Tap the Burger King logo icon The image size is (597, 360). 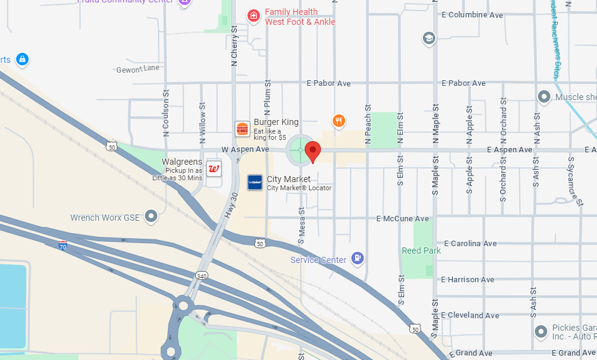pos(242,129)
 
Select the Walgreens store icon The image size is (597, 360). pos(214,168)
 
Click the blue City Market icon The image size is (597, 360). pos(255,182)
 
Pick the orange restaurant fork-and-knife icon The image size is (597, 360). pos(338,121)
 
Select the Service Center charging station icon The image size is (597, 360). pos(357,258)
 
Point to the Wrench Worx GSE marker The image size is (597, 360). pos(150,216)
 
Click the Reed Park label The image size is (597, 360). pos(421,251)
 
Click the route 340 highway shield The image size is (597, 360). pos(202,274)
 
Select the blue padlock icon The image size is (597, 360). pos(22,60)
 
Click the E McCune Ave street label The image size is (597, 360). pos(402,219)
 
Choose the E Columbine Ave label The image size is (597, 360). pos(472,15)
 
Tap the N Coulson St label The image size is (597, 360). pos(166,113)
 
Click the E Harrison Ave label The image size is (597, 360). pos(468,280)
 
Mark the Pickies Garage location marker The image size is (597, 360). pos(542,330)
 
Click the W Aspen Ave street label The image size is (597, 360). pos(245,150)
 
